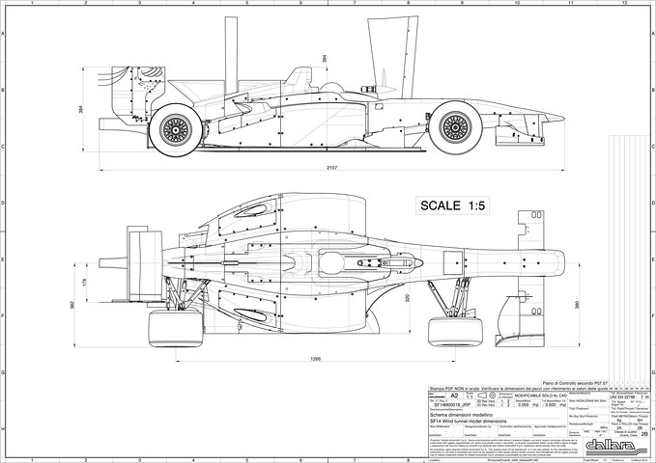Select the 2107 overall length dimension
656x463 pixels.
pos(331,169)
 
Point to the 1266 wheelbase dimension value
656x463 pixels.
pos(315,360)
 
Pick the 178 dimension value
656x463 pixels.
pos(85,282)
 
